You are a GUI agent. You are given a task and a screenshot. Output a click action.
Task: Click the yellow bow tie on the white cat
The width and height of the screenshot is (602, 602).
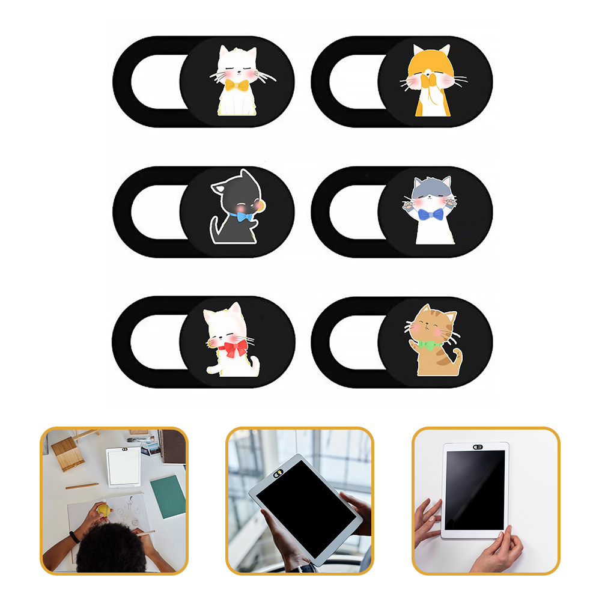click(x=237, y=85)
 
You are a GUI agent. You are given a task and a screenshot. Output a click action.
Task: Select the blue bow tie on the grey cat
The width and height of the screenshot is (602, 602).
click(x=430, y=215)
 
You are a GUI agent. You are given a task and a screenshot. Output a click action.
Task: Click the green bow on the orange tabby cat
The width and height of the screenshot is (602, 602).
click(x=428, y=345)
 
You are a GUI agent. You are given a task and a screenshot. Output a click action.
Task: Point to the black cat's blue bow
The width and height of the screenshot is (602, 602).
click(x=243, y=216)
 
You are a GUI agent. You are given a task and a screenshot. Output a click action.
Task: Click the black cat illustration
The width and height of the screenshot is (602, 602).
click(x=237, y=207)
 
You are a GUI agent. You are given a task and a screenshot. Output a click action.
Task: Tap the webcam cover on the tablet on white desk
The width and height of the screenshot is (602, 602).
click(x=478, y=448)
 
